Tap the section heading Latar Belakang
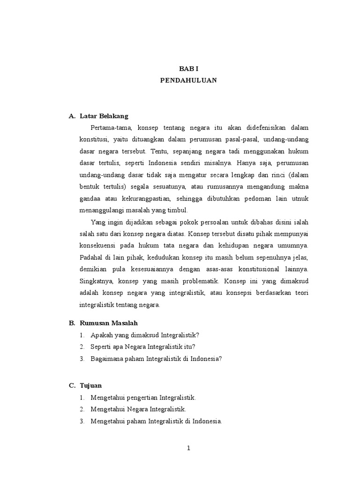coord(104,116)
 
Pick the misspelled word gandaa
coord(90,198)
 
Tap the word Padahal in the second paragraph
coord(91,258)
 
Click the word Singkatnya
coord(96,281)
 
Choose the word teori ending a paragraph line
coord(300,293)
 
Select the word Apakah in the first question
coord(102,336)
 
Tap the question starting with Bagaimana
coord(156,359)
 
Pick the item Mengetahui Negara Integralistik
coord(139,409)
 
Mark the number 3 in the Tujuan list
coord(82,421)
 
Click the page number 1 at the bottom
coord(188,448)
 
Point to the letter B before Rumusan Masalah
coord(72,323)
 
